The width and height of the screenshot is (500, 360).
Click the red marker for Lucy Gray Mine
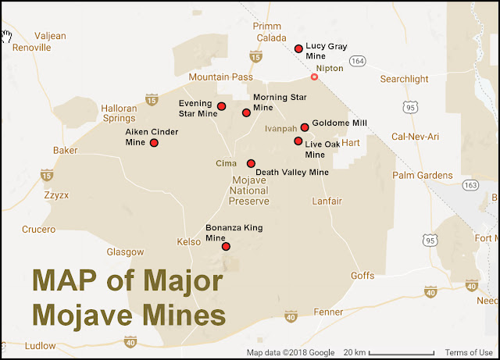[298, 48]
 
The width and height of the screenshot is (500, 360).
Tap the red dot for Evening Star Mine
[221, 106]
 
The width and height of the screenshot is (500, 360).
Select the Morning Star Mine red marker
[246, 112]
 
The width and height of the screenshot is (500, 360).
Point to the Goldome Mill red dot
[305, 127]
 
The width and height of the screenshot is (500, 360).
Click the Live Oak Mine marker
[298, 141]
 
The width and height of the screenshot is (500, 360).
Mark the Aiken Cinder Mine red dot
[154, 143]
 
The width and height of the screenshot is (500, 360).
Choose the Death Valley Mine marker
[251, 163]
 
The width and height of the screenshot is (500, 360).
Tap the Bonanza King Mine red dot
[226, 247]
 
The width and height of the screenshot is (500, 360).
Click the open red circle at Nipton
[314, 77]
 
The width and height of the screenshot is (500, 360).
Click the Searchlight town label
[405, 80]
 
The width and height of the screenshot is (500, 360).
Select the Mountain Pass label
[221, 78]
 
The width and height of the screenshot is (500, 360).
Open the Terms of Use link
[469, 353]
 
